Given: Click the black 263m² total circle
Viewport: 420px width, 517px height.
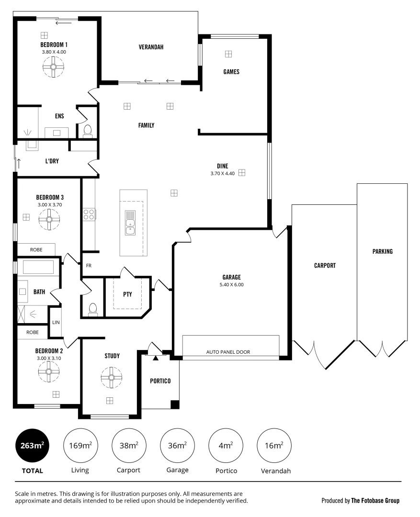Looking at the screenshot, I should pyautogui.click(x=33, y=445).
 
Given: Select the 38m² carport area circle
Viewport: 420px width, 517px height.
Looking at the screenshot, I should pyautogui.click(x=128, y=445).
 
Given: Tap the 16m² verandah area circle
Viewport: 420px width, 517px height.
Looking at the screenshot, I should pyautogui.click(x=274, y=445).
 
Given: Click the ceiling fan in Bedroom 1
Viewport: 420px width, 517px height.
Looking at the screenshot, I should pyautogui.click(x=53, y=67).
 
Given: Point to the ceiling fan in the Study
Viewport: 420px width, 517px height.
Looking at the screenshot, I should pyautogui.click(x=111, y=377).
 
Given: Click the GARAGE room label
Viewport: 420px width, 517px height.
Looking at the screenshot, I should pyautogui.click(x=231, y=277).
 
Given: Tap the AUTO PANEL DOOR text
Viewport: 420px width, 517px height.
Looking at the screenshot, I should pyautogui.click(x=228, y=352).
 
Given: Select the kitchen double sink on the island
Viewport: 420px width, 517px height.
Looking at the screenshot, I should pyautogui.click(x=130, y=223).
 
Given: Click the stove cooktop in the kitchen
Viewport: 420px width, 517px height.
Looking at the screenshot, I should pyautogui.click(x=89, y=214).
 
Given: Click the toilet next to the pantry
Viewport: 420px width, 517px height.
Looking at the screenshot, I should pyautogui.click(x=93, y=308).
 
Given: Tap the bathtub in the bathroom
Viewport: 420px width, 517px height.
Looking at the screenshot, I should pyautogui.click(x=38, y=267).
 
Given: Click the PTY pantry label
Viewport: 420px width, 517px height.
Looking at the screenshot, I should pyautogui.click(x=127, y=294).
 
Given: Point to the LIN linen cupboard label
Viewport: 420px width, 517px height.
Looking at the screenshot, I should pyautogui.click(x=56, y=322).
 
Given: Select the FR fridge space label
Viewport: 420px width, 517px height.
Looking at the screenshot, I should pyautogui.click(x=89, y=265).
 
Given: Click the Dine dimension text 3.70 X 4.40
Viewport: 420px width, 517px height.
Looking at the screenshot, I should pyautogui.click(x=222, y=174).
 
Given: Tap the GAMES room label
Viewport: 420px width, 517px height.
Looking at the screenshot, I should pyautogui.click(x=231, y=72).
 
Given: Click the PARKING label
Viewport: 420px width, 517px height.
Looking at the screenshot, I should pyautogui.click(x=382, y=251).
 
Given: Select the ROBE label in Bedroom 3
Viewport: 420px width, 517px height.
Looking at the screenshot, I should pyautogui.click(x=36, y=249).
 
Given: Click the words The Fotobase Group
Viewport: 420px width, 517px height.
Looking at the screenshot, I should pyautogui.click(x=375, y=501).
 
